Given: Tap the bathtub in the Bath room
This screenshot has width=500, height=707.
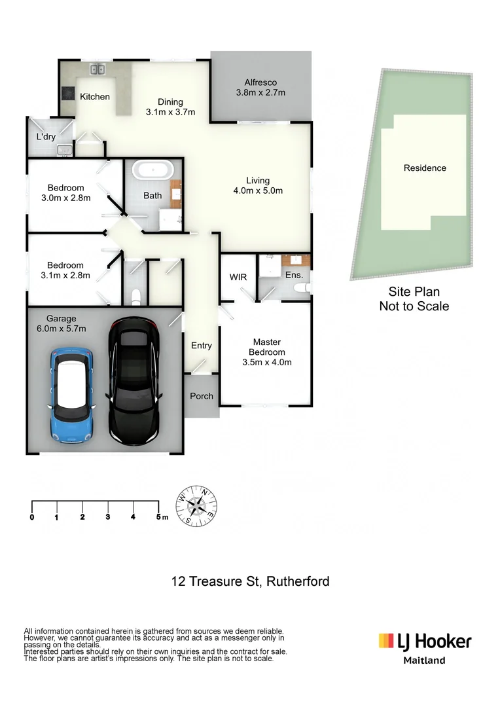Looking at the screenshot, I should point(152,172).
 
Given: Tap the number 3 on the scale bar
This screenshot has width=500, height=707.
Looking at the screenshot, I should point(108,517).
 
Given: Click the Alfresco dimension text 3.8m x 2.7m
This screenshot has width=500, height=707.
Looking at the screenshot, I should point(260,93).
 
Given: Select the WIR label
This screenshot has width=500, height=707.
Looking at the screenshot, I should point(238,277).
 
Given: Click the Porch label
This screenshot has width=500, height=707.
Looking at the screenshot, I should point(201,396).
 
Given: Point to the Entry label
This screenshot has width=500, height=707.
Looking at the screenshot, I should point(201,346).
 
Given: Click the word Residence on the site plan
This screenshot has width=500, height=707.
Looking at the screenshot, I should point(425,168).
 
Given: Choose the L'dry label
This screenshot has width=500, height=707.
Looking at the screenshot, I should point(46,137).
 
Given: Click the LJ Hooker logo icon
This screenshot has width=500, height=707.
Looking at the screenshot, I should point(386,640).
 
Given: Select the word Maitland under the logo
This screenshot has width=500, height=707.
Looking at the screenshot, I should point(423,661).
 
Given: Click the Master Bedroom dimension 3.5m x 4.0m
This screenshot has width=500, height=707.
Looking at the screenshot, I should point(267,362).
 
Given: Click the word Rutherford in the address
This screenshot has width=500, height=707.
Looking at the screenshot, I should point(298,581).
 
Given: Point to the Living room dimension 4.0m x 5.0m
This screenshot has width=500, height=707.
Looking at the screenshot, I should point(258,191).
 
